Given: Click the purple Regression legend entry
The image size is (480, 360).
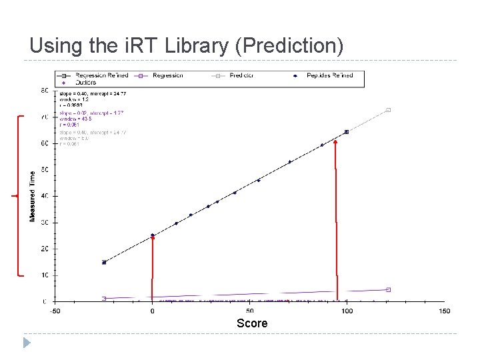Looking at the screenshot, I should point(167,75).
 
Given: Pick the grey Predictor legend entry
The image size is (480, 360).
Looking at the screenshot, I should point(240,75).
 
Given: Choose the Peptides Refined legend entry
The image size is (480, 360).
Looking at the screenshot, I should point(329,75).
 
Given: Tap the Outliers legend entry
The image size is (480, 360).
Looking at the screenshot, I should point(85,82).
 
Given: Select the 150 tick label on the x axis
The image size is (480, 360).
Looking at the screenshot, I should point(444,311).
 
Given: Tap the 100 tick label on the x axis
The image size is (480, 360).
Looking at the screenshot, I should point(347,311).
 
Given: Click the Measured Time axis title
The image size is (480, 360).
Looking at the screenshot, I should point(32,196).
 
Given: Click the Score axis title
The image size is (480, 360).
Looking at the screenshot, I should point(252,323).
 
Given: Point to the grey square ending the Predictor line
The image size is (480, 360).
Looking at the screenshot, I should point(388,110).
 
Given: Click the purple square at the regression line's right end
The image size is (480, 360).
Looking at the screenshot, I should point(388,289).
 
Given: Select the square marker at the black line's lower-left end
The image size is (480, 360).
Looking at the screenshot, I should point(104,262).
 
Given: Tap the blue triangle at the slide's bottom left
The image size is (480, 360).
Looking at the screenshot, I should point(25,343).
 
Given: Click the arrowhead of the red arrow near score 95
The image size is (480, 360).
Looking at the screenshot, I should point(335,143).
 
